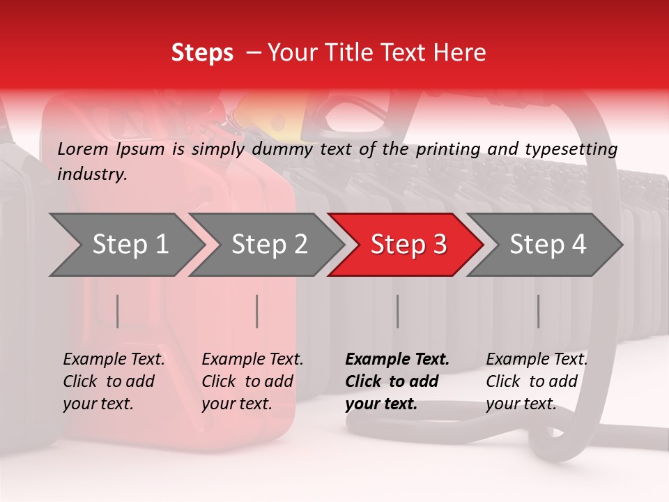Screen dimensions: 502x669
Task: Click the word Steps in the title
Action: tap(202, 53)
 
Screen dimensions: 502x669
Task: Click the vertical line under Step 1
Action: tap(118, 311)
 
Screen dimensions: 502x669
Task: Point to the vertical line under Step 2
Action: tap(257, 311)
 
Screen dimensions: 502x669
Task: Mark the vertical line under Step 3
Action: tap(398, 311)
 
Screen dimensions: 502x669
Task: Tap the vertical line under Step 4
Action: tap(538, 311)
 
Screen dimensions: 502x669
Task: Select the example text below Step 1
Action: tap(114, 381)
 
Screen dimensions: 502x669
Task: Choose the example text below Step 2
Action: tap(252, 381)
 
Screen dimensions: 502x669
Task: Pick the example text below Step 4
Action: tap(537, 381)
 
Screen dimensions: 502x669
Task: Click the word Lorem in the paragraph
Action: tap(82, 149)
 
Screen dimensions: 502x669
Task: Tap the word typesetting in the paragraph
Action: tap(576, 149)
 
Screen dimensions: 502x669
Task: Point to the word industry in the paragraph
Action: tap(92, 174)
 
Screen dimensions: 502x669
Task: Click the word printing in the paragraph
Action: tap(447, 149)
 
